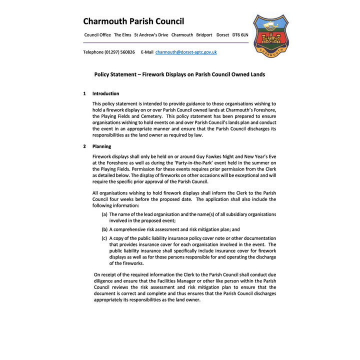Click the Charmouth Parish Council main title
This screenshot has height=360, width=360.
pos(133,21)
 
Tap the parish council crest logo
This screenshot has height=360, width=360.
pos(270,34)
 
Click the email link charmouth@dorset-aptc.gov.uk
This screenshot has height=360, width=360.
pos(186,52)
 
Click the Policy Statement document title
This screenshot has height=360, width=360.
pos(179,74)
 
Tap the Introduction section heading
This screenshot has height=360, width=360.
pos(105,93)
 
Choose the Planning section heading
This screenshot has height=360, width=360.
pos(101,146)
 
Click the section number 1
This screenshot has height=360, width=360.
pos(84,93)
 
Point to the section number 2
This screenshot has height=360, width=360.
pos(84,146)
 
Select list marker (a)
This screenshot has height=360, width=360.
pos(104,214)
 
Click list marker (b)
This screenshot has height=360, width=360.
pos(104,229)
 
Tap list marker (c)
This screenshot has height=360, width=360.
pos(104,238)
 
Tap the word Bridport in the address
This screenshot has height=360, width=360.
pos(204,35)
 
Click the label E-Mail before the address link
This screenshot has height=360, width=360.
pos(147,52)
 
